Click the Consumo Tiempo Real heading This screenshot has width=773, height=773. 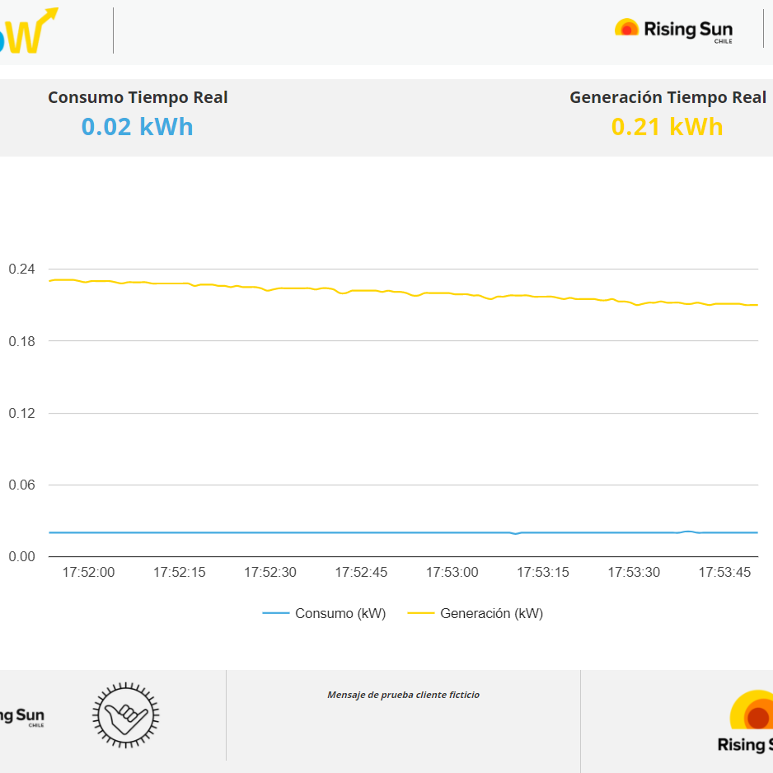pos(138,97)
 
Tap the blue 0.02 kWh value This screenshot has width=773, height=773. pos(137,127)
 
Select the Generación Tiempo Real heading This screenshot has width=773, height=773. pos(668,97)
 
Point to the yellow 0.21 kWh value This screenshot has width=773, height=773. pos(667,127)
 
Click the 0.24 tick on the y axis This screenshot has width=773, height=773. pos(21,269)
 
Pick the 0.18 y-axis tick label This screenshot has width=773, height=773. pos(21,341)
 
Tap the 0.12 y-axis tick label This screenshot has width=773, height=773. pos(21,413)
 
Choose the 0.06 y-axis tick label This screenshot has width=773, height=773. pos(21,485)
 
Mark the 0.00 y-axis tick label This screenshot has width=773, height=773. pos(21,557)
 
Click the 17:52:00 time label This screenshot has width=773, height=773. pos(88,573)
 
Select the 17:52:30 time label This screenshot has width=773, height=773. pos(269,573)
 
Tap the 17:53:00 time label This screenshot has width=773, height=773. pos(452,573)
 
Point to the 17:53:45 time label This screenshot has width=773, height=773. pos(724,573)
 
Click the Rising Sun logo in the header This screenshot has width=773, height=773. pos(673,30)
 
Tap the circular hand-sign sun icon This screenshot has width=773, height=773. pos(125,714)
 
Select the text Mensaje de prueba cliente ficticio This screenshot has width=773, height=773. pos(403,695)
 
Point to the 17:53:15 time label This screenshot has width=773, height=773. pos(542,573)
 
